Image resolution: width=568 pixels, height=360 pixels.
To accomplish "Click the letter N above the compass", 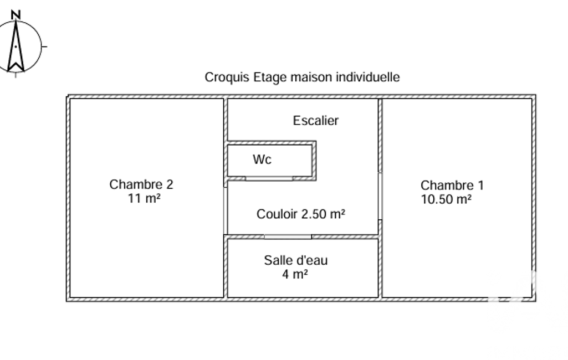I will (17, 14).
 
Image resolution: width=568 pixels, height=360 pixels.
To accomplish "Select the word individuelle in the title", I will (368, 77).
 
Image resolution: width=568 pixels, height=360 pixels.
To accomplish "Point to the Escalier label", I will (316, 120).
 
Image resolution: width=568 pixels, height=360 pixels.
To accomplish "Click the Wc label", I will (262, 160).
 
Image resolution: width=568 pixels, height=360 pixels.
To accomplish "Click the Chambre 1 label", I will (448, 186).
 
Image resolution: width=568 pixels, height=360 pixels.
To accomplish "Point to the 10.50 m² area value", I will (447, 199).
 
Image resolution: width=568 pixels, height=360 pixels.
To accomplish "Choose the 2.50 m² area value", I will (324, 214).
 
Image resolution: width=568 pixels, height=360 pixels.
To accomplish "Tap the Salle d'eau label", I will (296, 260).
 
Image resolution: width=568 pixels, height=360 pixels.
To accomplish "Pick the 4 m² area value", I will (295, 274).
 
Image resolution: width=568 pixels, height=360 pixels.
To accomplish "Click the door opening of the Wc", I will (269, 178).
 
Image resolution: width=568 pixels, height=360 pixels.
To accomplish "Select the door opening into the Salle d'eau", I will (288, 236).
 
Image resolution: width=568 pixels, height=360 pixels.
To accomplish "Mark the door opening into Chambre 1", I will (380, 197).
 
